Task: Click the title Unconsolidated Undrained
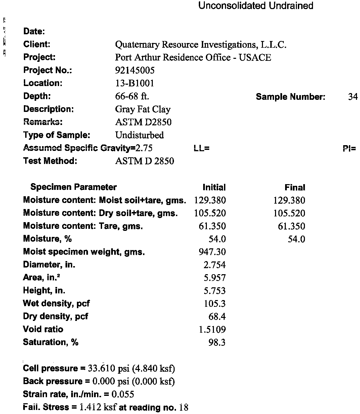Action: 256,6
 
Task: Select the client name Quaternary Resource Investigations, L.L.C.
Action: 200,45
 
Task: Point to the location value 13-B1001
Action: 134,83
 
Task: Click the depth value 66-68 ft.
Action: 132,96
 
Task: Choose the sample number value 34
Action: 353,97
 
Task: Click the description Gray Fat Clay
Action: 143,110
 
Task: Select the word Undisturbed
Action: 139,135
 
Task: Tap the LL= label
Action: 201,148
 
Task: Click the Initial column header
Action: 214,188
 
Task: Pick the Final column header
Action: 295,188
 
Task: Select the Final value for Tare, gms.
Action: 291,226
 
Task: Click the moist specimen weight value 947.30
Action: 212,252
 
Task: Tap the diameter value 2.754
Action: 215,265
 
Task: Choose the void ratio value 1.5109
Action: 212,330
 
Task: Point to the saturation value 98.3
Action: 217,343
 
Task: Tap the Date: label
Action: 34,32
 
